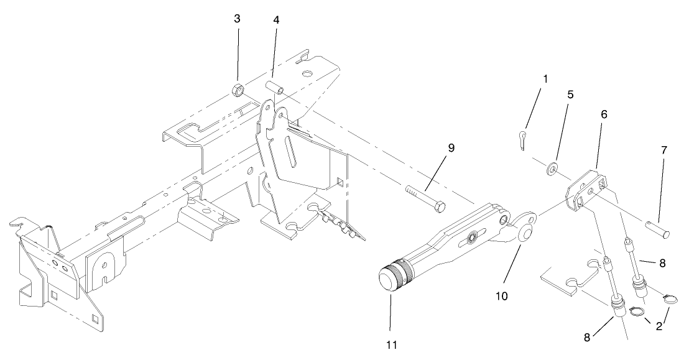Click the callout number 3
237,19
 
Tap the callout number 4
275,20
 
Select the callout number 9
451,148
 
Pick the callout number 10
501,296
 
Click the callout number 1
545,80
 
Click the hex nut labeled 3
237,90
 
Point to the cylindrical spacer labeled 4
275,85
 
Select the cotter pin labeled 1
522,141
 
